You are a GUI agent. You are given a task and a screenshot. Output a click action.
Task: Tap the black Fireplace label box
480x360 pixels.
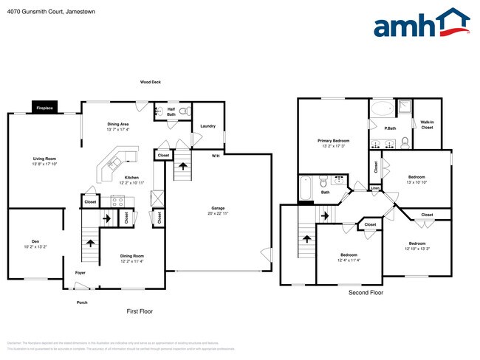coord(45,108)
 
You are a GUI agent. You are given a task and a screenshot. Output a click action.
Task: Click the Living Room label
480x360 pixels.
coord(44,160)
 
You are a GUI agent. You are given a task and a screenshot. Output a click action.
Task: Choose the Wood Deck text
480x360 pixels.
coord(151,82)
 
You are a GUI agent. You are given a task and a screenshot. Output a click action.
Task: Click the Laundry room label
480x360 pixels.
coord(208,126)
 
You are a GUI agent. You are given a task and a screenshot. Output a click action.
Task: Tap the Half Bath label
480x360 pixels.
coord(171,112)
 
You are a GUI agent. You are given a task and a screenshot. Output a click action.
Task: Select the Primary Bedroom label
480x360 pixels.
coord(334,142)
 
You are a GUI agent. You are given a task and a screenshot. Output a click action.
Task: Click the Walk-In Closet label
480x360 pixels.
coord(427,125)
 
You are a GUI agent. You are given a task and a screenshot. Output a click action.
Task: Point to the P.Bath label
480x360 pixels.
coord(390,129)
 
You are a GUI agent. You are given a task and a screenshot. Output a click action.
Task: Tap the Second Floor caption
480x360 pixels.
coord(366,293)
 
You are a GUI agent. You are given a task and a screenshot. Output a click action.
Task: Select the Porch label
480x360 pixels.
coord(83,302)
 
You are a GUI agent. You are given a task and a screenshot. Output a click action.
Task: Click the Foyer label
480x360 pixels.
coord(80,272)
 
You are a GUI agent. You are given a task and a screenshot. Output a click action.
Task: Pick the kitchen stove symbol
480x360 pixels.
coord(117,200)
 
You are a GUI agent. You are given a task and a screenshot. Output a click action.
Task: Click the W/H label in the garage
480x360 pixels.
coord(215,156)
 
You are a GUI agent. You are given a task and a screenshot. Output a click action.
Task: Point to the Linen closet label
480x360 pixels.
coord(375,188)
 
